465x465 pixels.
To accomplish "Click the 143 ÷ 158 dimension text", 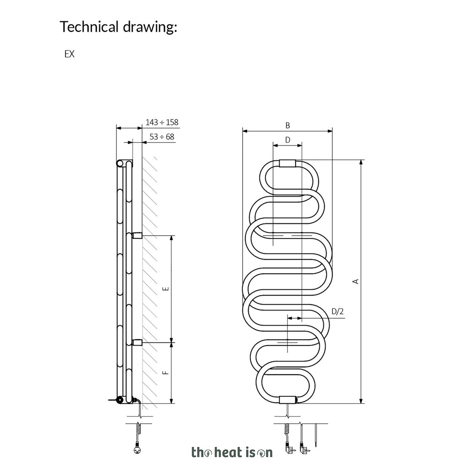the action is coord(162,122).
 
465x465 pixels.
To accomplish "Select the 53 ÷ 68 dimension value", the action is coord(162,137).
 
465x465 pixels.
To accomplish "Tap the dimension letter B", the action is coord(287,125).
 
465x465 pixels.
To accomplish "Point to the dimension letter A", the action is coord(356,281).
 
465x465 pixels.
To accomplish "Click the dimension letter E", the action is coord(166,288).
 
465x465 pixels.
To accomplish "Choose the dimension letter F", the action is coord(166,372).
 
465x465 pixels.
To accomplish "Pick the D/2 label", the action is coord(337,312).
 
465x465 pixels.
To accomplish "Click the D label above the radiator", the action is coord(287,140).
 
